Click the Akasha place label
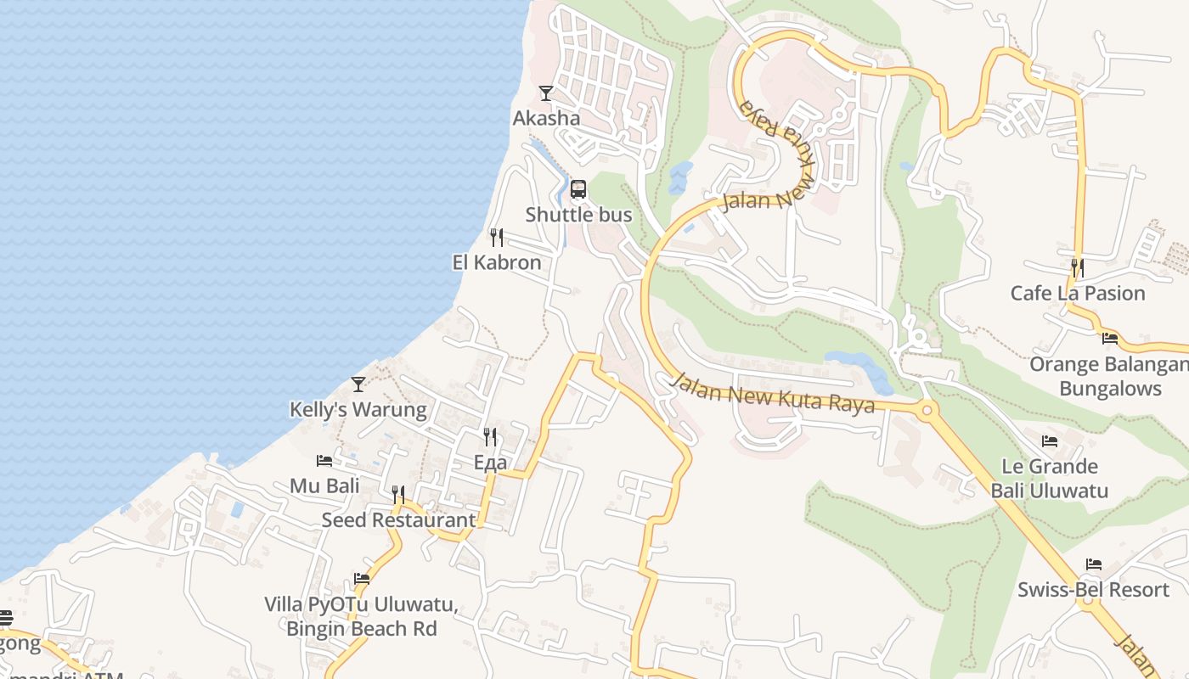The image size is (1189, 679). [x=546, y=118]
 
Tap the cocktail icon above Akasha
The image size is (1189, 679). [x=546, y=93]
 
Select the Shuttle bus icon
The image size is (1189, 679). [x=578, y=189]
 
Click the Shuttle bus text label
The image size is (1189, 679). [x=578, y=215]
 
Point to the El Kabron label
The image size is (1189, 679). [x=497, y=262]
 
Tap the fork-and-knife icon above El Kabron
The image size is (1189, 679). [x=497, y=237]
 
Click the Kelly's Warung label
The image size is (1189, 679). [x=358, y=409]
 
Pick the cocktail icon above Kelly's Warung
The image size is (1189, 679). [x=358, y=384]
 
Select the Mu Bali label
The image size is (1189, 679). [x=324, y=485]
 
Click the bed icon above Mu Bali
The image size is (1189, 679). [x=324, y=461]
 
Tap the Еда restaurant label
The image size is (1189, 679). [x=490, y=463]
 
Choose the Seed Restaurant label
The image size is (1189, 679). [x=398, y=519]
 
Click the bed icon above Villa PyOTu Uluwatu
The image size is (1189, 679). [x=362, y=579]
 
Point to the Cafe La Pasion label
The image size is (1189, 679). [x=1078, y=293]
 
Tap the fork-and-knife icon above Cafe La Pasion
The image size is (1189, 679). [x=1078, y=268]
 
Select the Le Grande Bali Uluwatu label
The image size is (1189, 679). [x=1050, y=478]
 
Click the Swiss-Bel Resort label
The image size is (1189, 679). [x=1094, y=589]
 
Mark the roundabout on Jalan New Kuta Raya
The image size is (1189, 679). [x=927, y=411]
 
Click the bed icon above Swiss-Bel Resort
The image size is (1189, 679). [x=1094, y=564]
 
